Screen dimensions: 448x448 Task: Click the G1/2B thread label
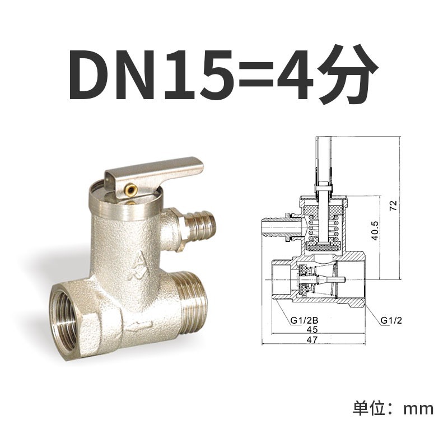pyautogui.click(x=303, y=320)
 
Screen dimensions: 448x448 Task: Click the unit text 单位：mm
pyautogui.click(x=393, y=408)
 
